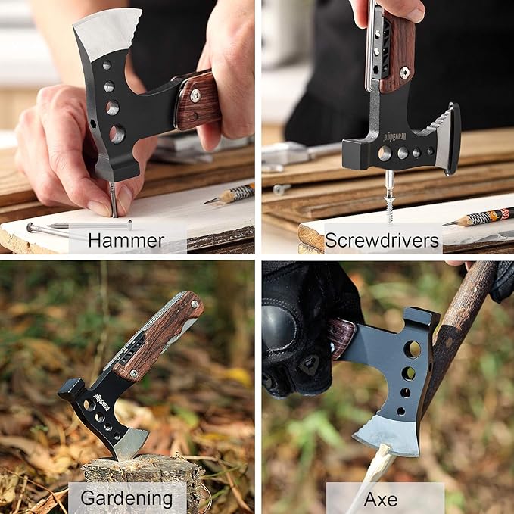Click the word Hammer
(126, 241)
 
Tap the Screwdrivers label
(382, 241)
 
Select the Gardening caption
(126, 499)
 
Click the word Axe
(381, 500)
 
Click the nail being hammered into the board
(113, 199)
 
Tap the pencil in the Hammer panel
(229, 194)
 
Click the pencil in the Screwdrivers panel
(478, 217)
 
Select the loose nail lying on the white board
(79, 226)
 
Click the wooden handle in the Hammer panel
(198, 101)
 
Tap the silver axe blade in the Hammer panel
(107, 33)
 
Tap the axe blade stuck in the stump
(131, 443)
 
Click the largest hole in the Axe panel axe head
(413, 350)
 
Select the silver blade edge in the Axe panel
(387, 435)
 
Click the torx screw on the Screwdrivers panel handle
(405, 73)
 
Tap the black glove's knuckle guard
(279, 326)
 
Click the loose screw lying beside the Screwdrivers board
(282, 188)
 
